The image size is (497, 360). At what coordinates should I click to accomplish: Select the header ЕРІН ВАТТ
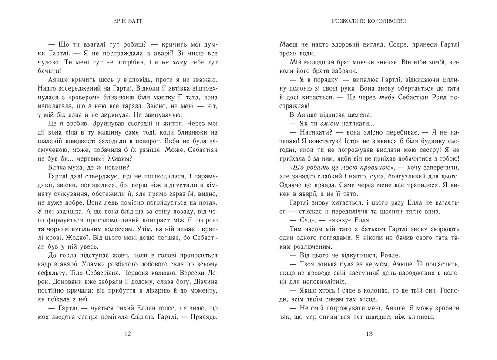click(127, 20)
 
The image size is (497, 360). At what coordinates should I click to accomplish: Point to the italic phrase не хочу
click(173, 61)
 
